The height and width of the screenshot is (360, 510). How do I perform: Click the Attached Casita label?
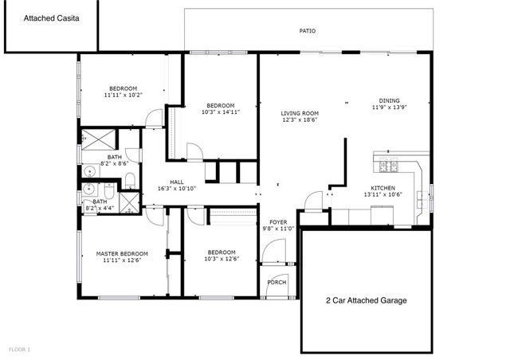pos(51,17)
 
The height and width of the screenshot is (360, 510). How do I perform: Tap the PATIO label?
pos(308,31)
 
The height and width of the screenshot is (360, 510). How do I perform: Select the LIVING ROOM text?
pos(300,113)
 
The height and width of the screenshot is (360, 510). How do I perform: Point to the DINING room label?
pos(389,100)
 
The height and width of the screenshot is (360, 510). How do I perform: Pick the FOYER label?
pos(278,221)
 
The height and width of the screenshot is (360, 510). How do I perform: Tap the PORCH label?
pos(277,283)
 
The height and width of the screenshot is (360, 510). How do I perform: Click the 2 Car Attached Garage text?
pos(367,300)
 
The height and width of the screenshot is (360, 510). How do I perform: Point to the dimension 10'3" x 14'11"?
pos(221,112)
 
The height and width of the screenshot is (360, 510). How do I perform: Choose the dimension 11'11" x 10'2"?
pos(124,95)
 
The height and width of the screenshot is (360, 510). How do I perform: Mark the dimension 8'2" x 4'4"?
pos(100,209)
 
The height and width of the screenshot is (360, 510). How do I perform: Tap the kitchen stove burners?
pos(390,166)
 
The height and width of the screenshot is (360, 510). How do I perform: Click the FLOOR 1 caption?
pos(19,349)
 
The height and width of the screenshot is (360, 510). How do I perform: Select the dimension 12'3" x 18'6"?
pos(300,120)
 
